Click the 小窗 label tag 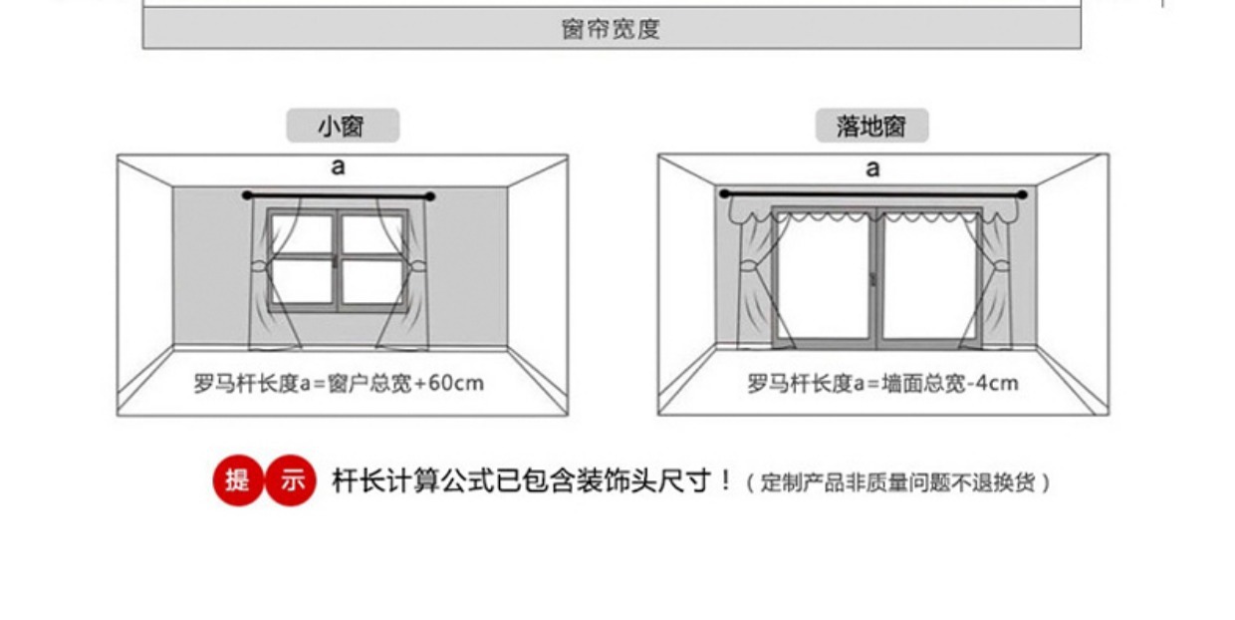coord(342,127)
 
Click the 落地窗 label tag coord(871,127)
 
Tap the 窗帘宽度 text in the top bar coord(611,29)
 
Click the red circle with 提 coord(238,480)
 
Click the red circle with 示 coord(291,480)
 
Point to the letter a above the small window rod coord(338,166)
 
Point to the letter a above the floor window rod coord(872,167)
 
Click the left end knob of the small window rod coord(247,195)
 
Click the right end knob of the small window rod coord(431,195)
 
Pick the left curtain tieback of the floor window coord(745,266)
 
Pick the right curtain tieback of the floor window coord(1000,266)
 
